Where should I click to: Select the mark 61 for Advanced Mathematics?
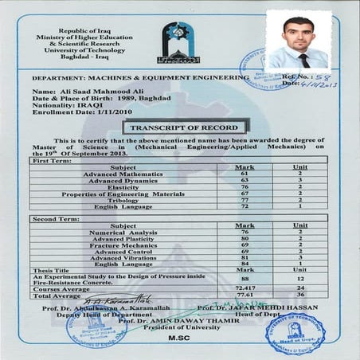pos(245,173)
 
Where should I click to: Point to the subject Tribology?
pos(105,200)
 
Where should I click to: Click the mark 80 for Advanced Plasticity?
pos(246,238)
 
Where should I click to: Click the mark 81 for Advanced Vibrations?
pos(245,257)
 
